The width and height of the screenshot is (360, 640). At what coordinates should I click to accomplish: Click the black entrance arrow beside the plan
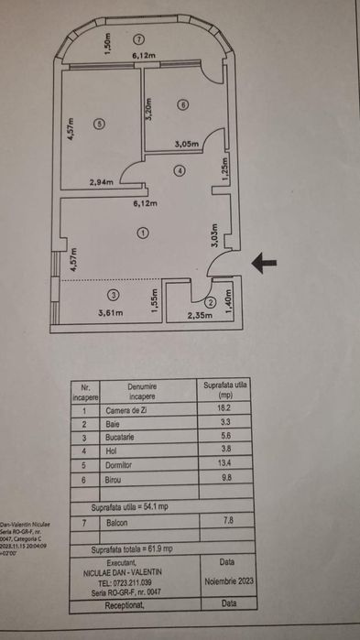point(264,264)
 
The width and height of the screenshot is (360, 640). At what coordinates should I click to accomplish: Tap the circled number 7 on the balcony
point(138,39)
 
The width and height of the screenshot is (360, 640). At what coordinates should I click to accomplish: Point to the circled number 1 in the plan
point(143,233)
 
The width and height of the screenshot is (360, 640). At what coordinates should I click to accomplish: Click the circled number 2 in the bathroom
point(210,301)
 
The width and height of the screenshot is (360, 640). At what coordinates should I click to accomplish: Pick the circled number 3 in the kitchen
point(112,295)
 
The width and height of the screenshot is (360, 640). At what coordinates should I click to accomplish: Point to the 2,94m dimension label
point(102,182)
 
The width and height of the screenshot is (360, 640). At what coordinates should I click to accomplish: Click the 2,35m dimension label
point(202,316)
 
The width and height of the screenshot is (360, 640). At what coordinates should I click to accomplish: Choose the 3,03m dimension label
point(214,236)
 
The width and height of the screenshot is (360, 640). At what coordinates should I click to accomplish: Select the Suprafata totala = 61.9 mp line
point(134,548)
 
